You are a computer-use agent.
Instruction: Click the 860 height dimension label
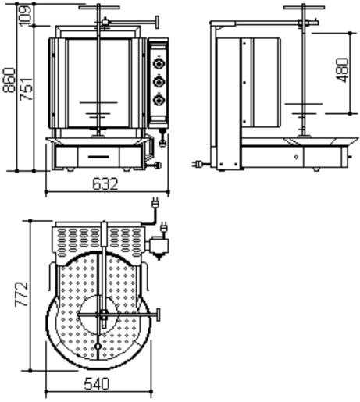9,80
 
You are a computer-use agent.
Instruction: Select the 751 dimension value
27,89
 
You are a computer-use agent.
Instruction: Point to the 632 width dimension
105,184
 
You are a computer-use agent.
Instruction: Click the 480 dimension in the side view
342,70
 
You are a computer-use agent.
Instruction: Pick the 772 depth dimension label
21,293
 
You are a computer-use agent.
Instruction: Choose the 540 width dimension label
97,384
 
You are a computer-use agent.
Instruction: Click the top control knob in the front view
159,63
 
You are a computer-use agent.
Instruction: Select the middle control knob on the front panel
159,82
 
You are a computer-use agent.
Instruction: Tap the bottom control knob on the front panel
159,101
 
